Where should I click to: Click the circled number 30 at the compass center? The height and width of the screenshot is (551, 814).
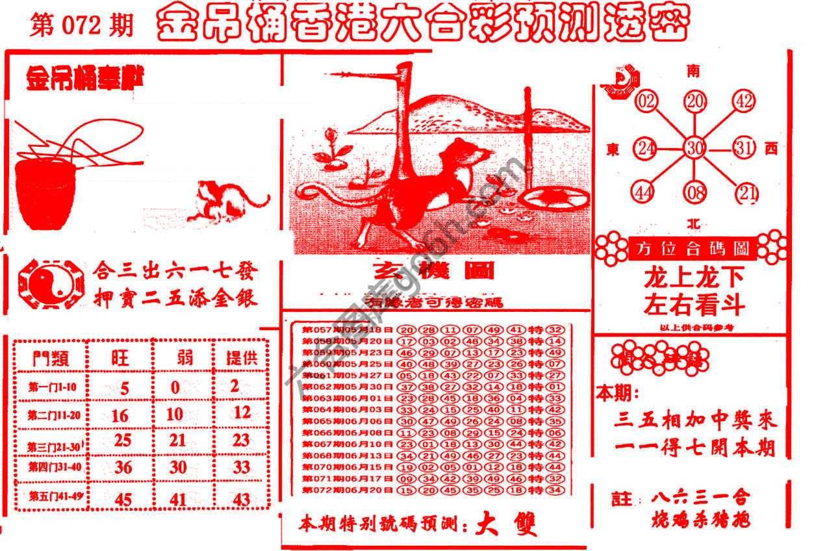pos(695,147)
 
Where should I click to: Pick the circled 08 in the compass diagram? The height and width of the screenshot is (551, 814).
pos(695,192)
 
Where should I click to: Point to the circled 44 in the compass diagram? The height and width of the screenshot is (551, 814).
pos(644,192)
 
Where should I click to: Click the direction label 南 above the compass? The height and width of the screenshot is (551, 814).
pos(694,71)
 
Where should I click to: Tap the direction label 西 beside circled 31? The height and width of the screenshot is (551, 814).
pos(771,149)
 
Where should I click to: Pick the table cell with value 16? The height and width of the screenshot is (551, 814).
pos(120,415)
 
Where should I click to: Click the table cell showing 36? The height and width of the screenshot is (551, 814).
pos(123,467)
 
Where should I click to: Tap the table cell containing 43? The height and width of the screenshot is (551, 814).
pos(241,498)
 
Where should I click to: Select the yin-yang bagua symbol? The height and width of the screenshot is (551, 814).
pos(51,283)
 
